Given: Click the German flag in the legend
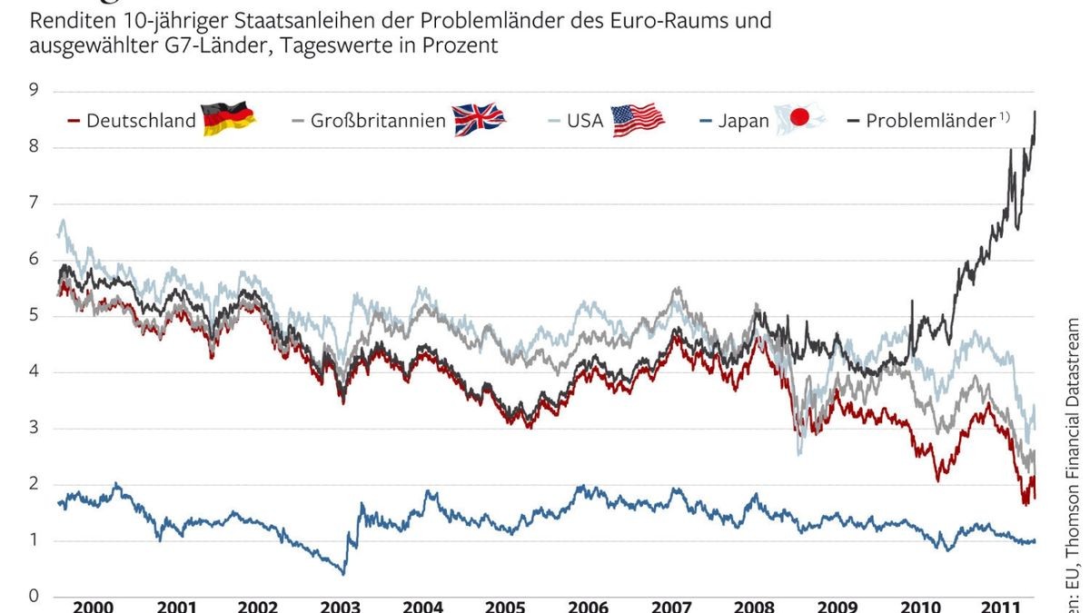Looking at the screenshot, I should [228, 119].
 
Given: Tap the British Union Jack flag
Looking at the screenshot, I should [479, 119].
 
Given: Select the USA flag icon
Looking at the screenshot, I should [638, 119].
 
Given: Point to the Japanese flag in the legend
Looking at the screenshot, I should [799, 119].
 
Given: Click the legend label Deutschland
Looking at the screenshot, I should [141, 121].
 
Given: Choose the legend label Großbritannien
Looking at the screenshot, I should [379, 121].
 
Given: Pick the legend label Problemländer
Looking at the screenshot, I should [930, 121].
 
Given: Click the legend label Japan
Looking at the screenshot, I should [744, 121].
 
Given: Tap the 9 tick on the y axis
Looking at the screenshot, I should [34, 90].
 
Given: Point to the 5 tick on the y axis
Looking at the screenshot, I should [34, 315].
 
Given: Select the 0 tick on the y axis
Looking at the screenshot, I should [34, 597].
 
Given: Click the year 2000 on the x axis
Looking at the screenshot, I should [93, 606].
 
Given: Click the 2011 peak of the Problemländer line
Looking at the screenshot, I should [1035, 112].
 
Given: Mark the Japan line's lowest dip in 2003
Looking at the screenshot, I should [343, 573].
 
